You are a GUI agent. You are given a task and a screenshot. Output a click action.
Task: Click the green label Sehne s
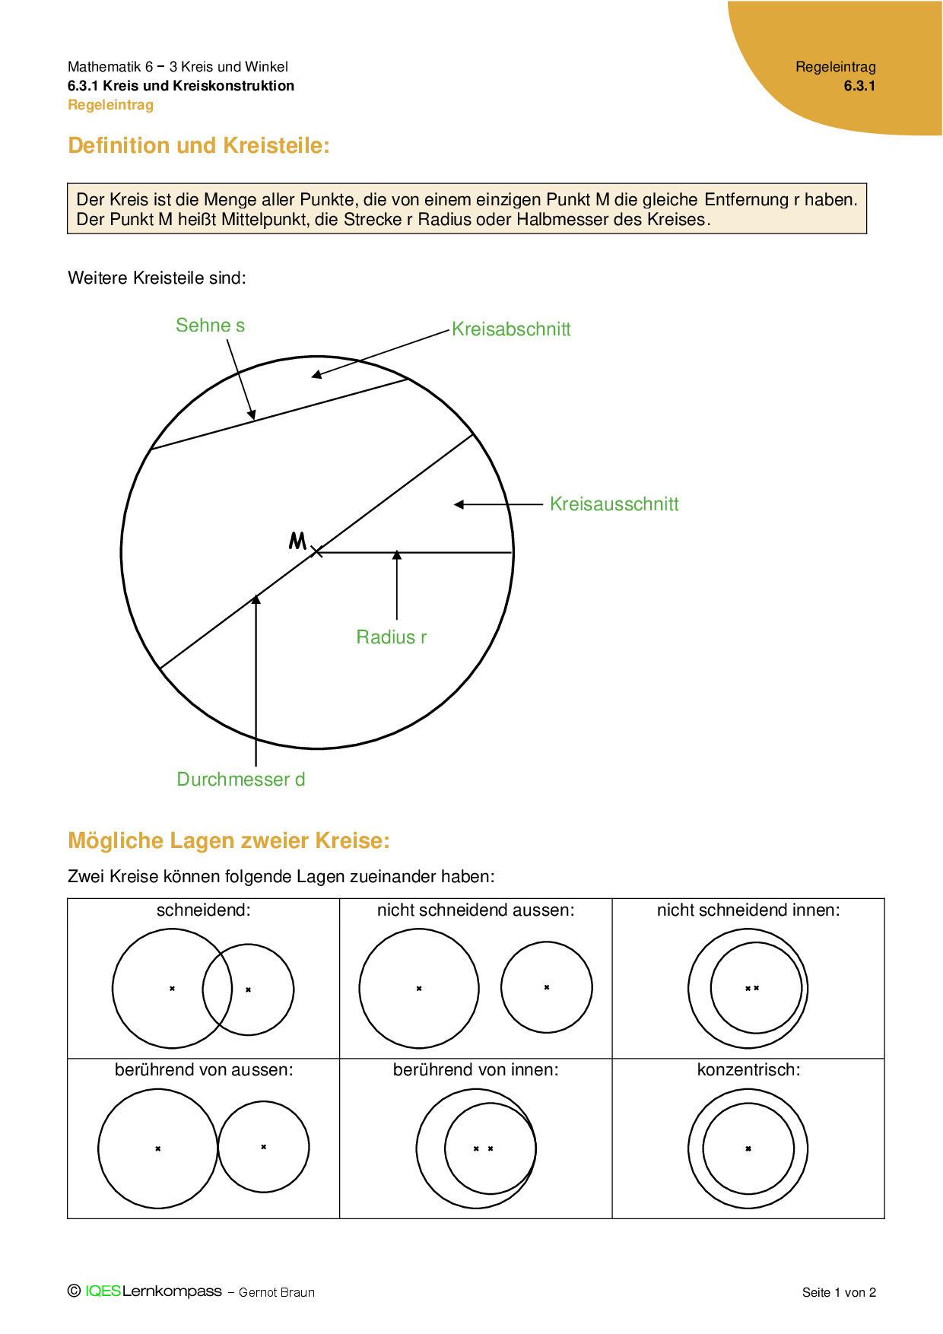point(210,326)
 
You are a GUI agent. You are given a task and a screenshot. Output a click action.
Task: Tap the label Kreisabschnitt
point(511,329)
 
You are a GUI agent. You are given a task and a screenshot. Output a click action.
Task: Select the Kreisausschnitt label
point(614,504)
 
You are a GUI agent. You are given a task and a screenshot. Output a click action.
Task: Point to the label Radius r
point(391,637)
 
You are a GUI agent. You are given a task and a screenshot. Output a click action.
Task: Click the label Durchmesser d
point(240,780)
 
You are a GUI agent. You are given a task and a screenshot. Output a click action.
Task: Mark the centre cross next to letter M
point(316,551)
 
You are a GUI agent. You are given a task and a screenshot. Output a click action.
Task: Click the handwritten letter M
point(297,541)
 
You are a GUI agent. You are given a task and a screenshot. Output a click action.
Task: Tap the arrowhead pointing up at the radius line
point(397,556)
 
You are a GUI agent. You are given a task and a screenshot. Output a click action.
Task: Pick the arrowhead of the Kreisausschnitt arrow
point(459,504)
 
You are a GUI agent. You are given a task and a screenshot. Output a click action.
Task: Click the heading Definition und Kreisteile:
point(198,145)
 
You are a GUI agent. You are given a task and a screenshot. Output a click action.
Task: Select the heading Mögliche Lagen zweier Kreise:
point(228,840)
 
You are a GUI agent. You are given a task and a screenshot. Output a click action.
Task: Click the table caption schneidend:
point(203,910)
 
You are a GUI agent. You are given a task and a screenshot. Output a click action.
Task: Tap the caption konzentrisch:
point(748,1070)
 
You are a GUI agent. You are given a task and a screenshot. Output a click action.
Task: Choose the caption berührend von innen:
point(475,1070)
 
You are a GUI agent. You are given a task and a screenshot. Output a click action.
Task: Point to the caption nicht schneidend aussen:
point(475,910)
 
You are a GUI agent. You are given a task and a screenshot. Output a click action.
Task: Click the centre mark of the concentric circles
point(748,1148)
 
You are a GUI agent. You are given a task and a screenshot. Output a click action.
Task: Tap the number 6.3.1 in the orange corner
point(859,86)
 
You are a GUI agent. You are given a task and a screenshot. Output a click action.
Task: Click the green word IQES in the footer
point(103,1291)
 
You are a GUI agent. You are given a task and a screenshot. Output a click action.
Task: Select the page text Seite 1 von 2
point(839,1292)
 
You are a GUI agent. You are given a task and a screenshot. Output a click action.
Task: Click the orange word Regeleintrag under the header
point(110,105)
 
